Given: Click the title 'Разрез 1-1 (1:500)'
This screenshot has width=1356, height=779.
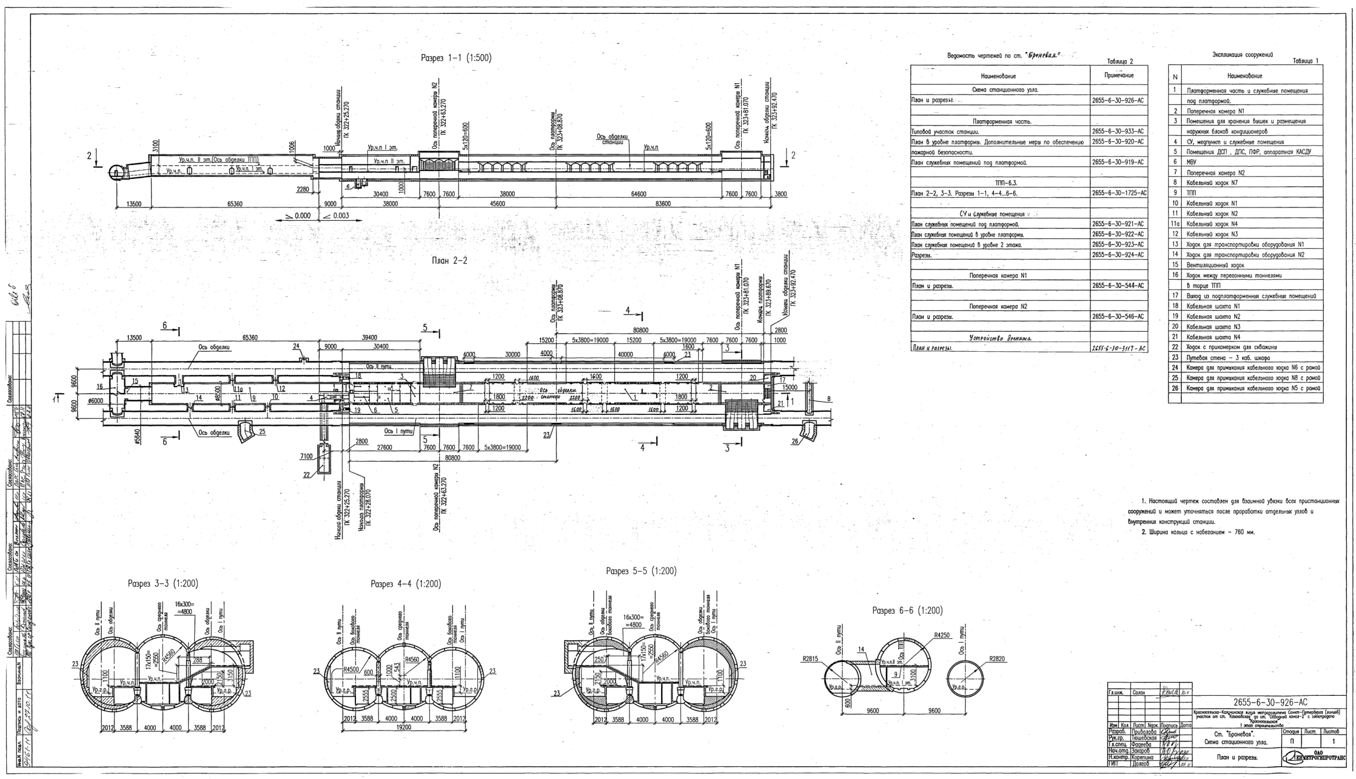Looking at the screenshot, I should tap(456, 59).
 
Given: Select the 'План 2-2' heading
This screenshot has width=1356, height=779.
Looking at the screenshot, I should tap(449, 260).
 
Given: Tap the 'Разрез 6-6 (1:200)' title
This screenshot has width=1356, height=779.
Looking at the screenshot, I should tap(908, 611).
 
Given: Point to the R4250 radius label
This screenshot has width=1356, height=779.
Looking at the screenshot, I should tap(942, 636).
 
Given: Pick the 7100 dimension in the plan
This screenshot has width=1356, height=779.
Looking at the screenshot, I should tap(306, 457).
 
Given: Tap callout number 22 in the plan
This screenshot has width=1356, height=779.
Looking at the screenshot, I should tap(307, 474).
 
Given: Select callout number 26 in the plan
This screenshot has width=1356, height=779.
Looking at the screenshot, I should tap(795, 442).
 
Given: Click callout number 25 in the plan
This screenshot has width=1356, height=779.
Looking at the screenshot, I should tap(262, 432).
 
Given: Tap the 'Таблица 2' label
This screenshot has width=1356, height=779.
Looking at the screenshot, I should tap(1120, 62).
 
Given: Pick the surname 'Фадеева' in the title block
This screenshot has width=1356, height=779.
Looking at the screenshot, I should tap(1141, 744).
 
